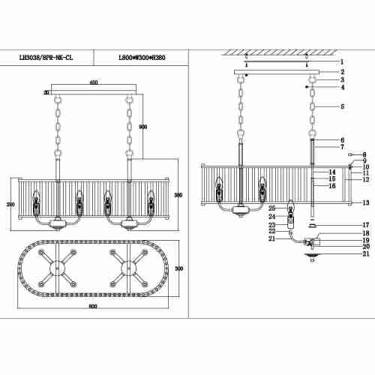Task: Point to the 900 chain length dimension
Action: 143,126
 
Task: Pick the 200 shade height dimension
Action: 10,205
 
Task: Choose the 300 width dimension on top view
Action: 180,268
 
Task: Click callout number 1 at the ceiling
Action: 341,61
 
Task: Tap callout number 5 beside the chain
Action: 341,107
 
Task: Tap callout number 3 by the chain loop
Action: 341,79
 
